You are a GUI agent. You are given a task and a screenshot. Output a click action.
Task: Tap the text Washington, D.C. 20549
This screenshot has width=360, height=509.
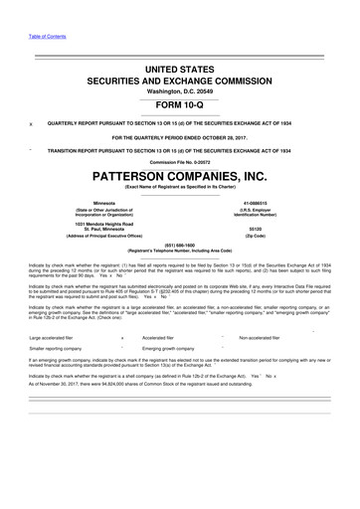click(x=180, y=89)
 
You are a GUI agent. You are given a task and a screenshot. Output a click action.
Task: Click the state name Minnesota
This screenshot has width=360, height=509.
click(x=90, y=201)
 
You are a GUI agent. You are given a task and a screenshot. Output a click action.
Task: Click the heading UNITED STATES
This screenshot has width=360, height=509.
click(x=180, y=65)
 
